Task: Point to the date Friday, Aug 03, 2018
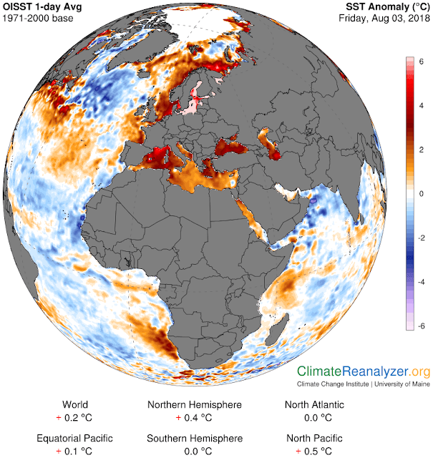[x=383, y=19]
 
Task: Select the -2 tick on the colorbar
[x=421, y=238]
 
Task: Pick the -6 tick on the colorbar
[x=421, y=325]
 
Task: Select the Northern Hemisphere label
[x=195, y=404]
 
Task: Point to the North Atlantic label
[x=314, y=404]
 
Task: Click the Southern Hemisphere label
[x=195, y=438]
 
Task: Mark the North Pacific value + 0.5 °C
[x=314, y=451]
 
